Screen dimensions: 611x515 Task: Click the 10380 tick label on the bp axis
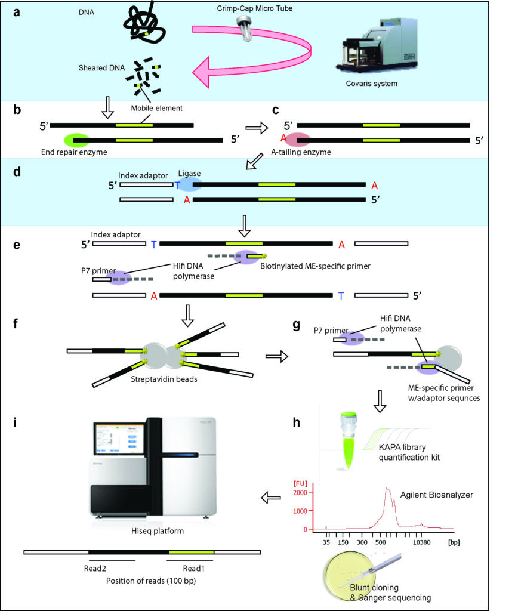[422, 542]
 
